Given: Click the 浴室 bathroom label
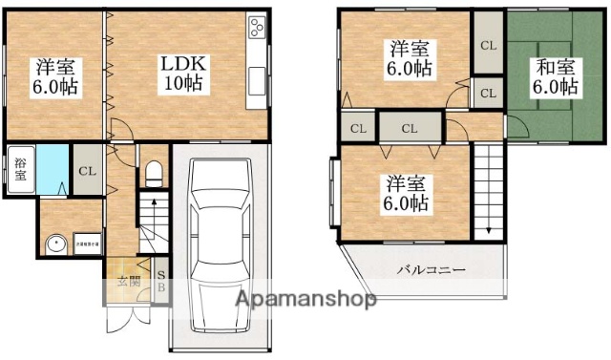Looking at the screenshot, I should (x=21, y=169).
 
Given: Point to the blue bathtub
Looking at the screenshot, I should (x=53, y=169).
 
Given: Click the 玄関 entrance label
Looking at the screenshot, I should (x=126, y=283).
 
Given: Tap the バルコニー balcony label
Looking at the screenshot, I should (x=432, y=270).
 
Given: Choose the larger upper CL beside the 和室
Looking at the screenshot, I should (x=487, y=45).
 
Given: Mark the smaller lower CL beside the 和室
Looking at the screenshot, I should (x=487, y=94).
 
